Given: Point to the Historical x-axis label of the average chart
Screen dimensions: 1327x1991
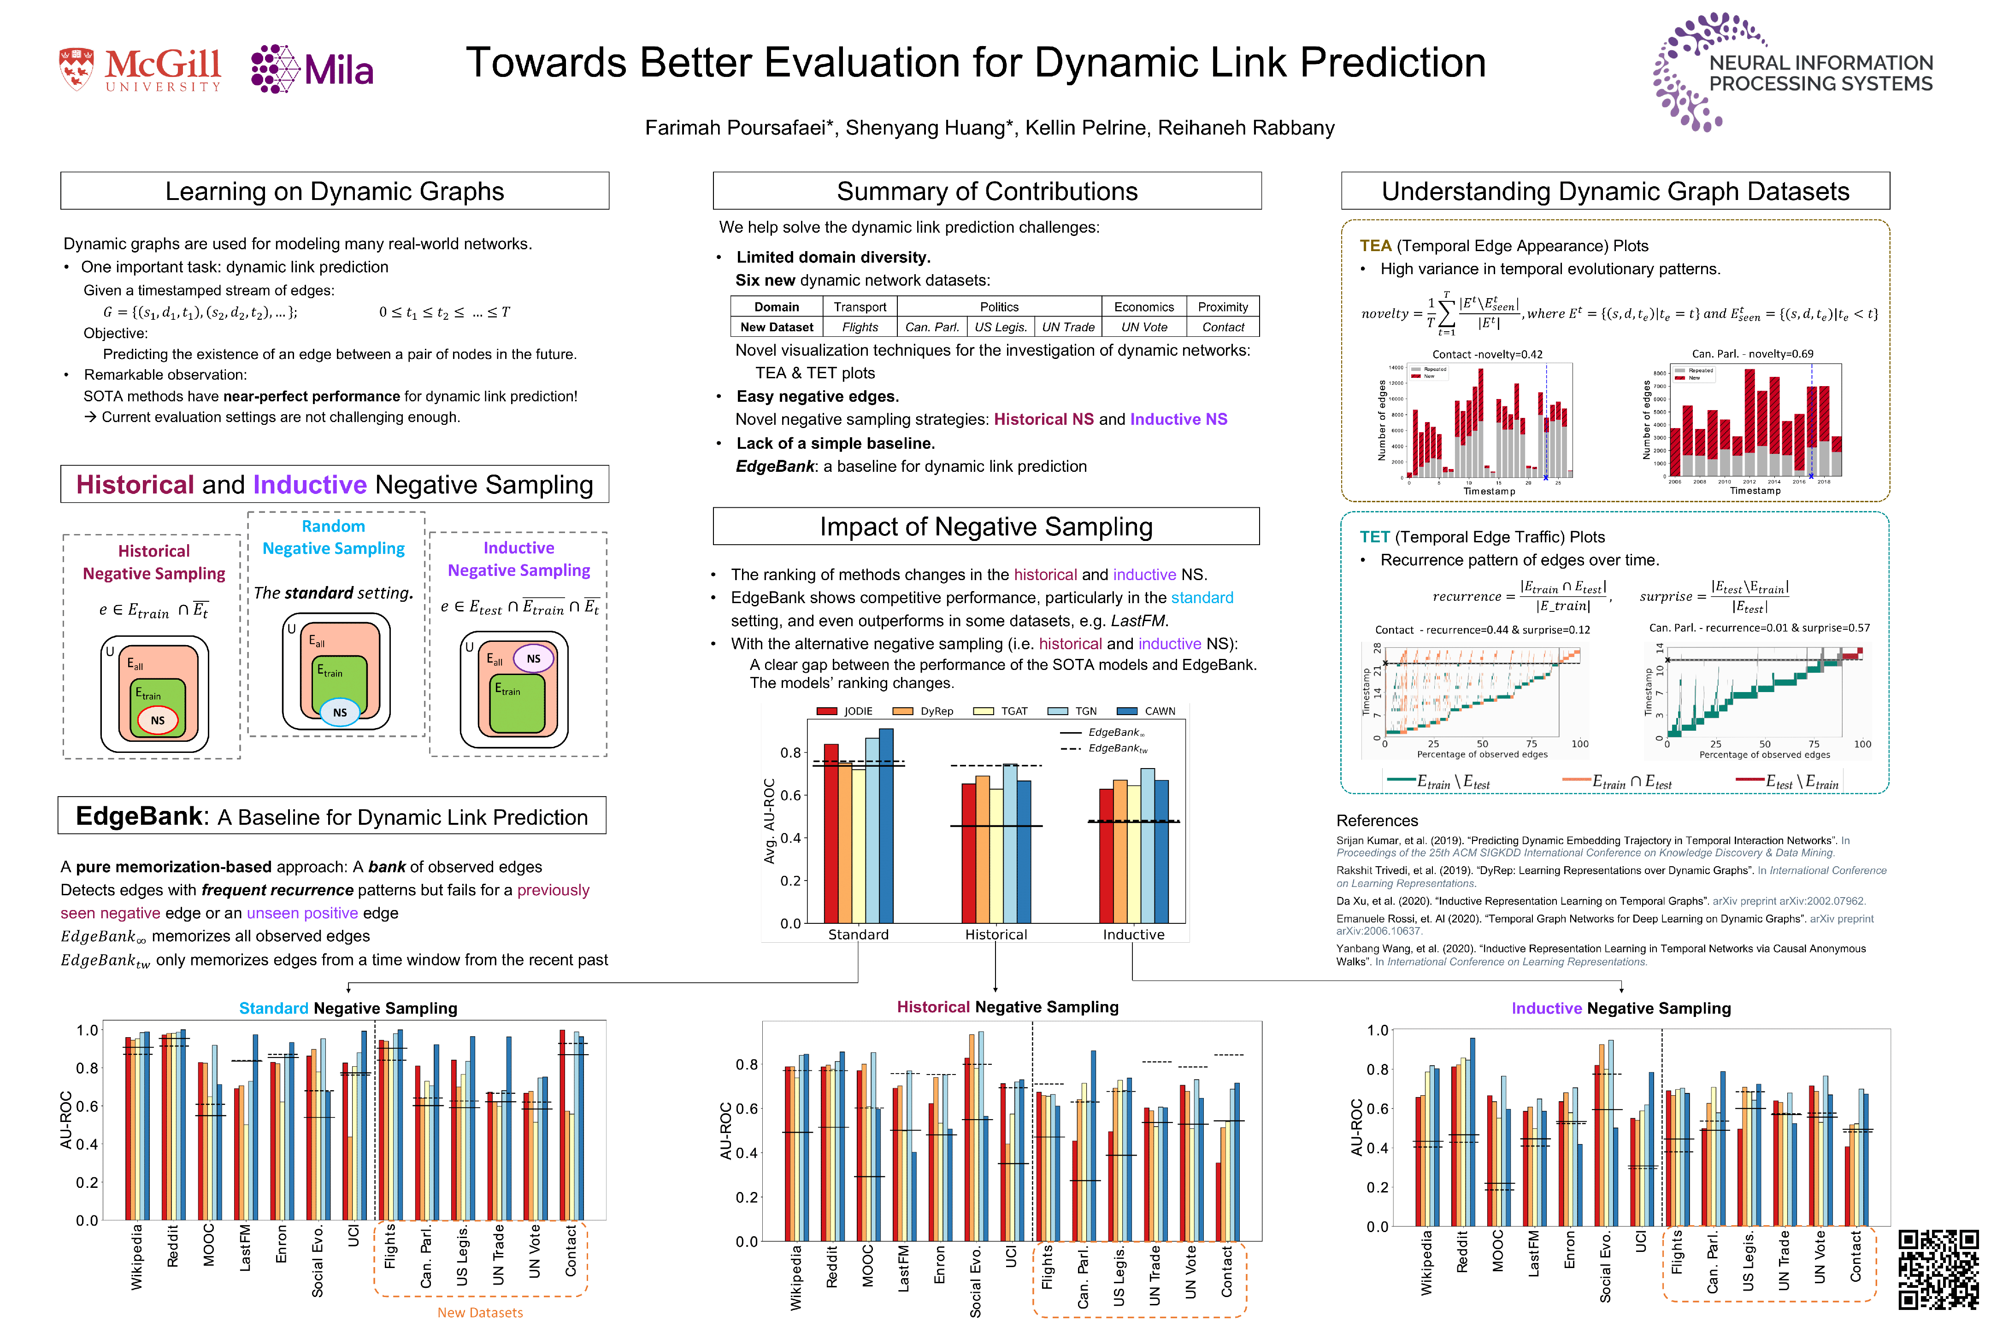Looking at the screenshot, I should (x=995, y=934).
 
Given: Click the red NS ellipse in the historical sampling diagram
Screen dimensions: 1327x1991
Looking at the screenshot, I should (x=158, y=720).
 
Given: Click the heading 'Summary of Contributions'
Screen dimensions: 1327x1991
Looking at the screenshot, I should (x=987, y=191).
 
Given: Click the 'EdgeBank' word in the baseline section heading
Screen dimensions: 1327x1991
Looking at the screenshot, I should (x=140, y=816).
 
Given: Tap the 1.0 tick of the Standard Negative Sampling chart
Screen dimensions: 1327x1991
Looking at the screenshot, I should (x=87, y=1030).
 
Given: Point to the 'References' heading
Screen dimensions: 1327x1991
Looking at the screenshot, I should (x=1377, y=820).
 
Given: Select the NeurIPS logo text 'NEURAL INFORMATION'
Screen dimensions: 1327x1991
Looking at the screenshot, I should (x=1821, y=63).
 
